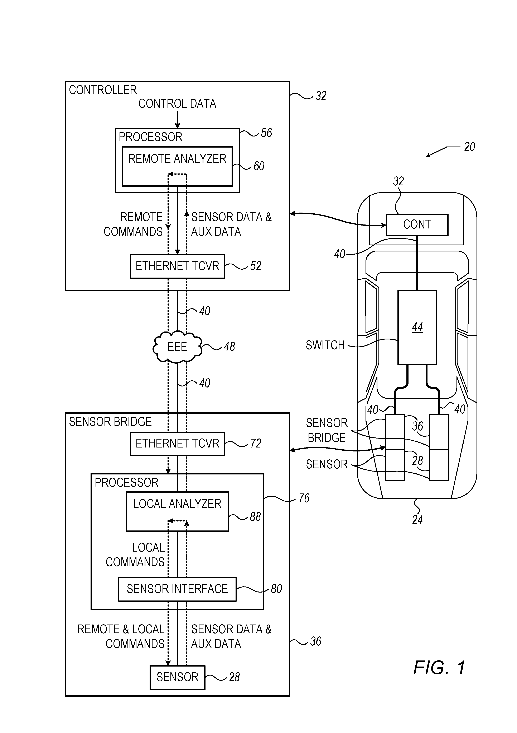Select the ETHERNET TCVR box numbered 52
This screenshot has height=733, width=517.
(177, 266)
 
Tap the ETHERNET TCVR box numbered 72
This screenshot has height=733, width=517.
(177, 444)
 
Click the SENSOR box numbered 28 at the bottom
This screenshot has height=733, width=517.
(177, 677)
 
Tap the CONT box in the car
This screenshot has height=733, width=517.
(417, 225)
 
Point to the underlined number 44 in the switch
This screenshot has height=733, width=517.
(417, 327)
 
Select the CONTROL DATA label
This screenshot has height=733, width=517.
(177, 104)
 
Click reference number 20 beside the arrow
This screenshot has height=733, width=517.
(469, 147)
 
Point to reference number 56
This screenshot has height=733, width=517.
(266, 133)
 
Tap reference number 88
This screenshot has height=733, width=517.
(255, 516)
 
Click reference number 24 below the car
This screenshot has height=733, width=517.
(417, 520)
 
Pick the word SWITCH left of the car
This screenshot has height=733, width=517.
(325, 345)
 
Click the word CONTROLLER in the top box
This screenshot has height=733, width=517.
(103, 90)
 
